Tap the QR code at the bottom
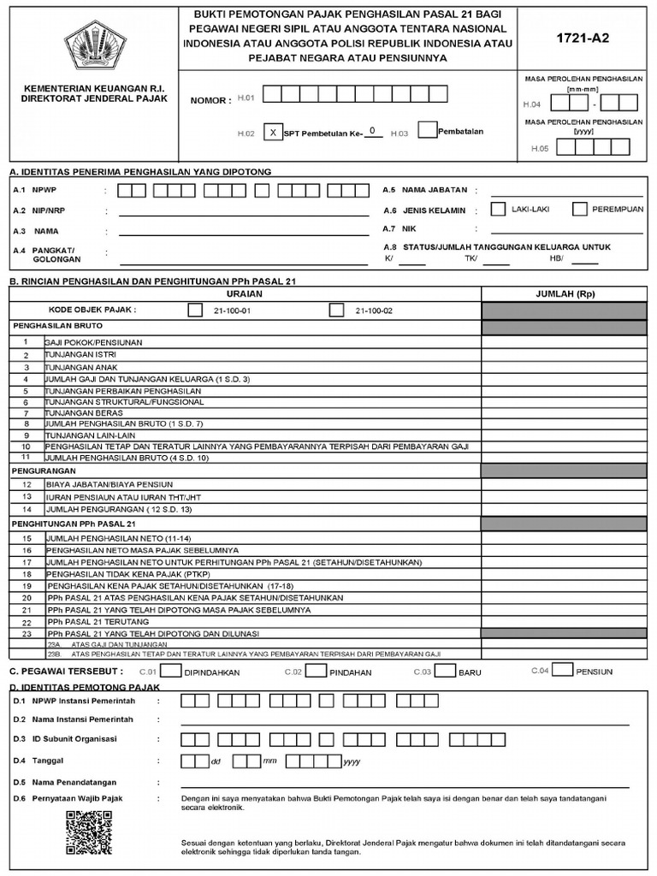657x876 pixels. [89, 833]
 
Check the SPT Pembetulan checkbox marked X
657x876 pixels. [272, 132]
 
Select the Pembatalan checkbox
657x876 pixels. [428, 130]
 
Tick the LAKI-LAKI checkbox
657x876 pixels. [498, 209]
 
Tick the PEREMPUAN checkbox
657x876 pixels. [579, 209]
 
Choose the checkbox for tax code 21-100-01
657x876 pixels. [195, 310]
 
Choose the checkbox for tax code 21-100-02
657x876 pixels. [336, 310]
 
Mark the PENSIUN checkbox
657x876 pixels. [563, 670]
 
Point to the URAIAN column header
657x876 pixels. [245, 293]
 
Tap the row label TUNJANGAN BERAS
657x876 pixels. [85, 412]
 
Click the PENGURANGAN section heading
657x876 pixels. [42, 471]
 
